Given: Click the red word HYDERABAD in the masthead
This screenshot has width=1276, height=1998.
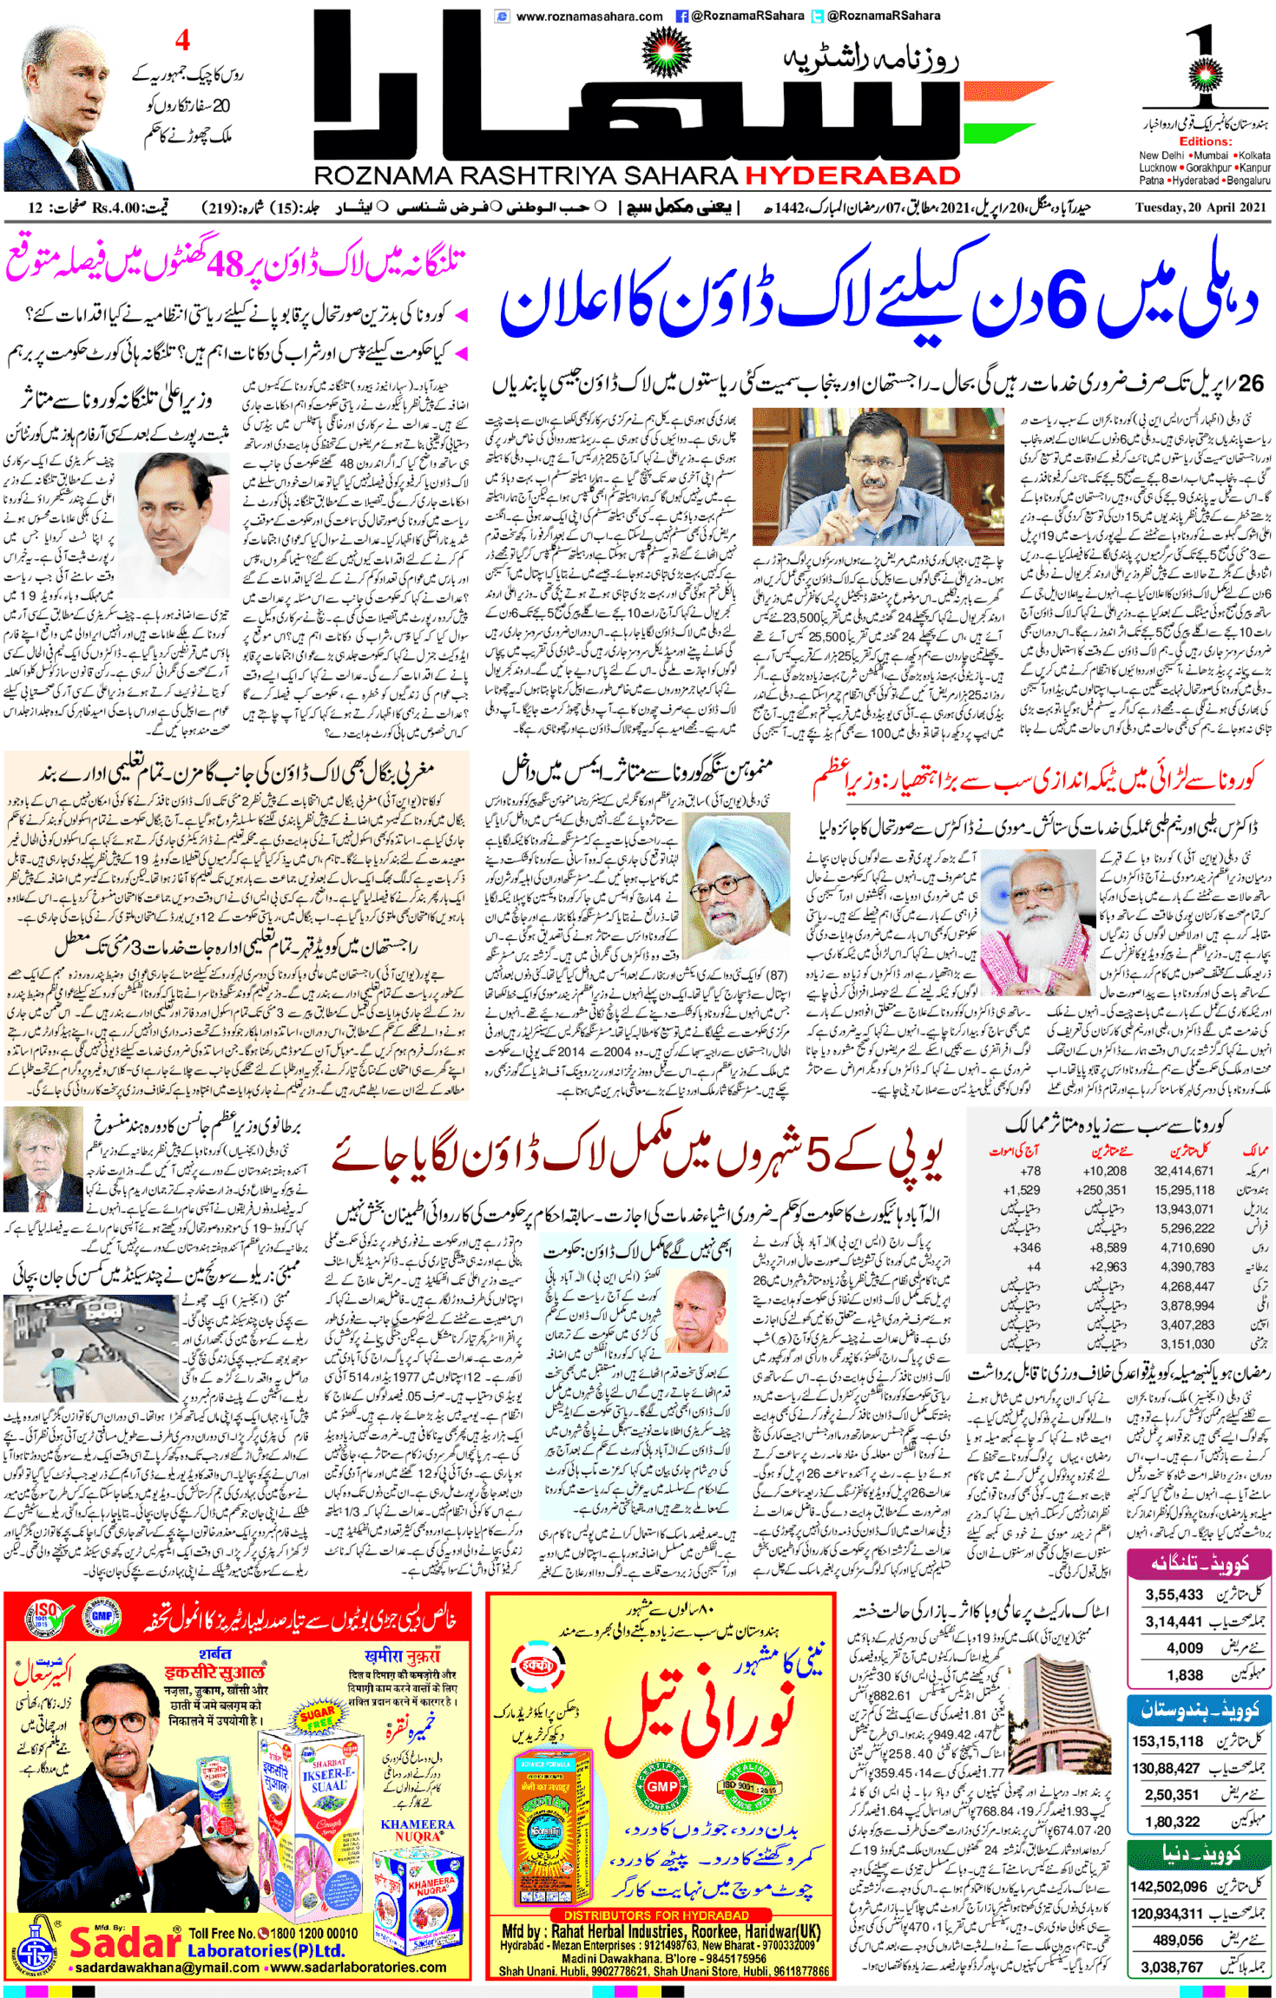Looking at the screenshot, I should pyautogui.click(x=852, y=175).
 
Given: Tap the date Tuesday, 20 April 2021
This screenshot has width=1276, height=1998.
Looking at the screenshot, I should pyautogui.click(x=1200, y=207).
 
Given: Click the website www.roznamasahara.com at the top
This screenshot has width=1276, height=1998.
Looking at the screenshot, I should pyautogui.click(x=589, y=16).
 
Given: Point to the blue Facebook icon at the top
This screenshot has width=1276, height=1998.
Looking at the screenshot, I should pyautogui.click(x=681, y=16).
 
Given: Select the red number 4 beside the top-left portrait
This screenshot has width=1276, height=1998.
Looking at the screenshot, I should pyautogui.click(x=182, y=40).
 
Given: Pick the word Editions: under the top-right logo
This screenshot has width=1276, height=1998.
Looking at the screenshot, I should pyautogui.click(x=1205, y=141).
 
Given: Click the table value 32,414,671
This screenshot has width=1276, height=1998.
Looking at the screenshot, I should pyautogui.click(x=1183, y=1171).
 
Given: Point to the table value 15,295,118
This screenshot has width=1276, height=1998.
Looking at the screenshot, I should pyautogui.click(x=1183, y=1190).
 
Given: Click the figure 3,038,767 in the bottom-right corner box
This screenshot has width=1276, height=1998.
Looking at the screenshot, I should pyautogui.click(x=1172, y=1968).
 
